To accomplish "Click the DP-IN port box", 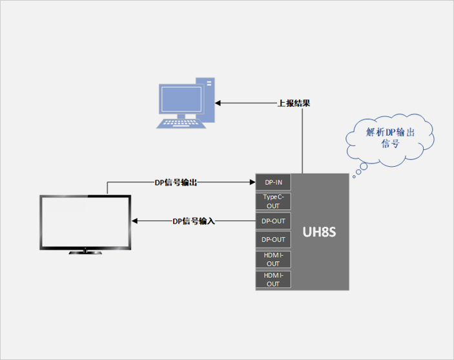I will coord(273,182).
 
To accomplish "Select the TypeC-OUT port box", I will coord(273,201).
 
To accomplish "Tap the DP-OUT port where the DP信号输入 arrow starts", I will coord(273,221).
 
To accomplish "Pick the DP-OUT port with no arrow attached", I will coord(273,240).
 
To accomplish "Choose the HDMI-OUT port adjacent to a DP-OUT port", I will coord(273,260).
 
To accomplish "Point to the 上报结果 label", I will coord(294,103).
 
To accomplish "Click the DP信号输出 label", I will coord(176,183).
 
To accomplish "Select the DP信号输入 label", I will coord(193,221).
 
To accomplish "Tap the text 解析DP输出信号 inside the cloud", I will coord(390,138).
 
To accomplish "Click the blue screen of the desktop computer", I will coord(180,101).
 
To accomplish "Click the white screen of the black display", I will coord(86,222).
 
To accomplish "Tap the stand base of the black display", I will coord(86,253).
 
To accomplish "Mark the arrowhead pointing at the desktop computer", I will coord(218,103).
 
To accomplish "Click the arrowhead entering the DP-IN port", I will coord(253,183).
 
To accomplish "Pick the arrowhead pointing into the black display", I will coord(135,221).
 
